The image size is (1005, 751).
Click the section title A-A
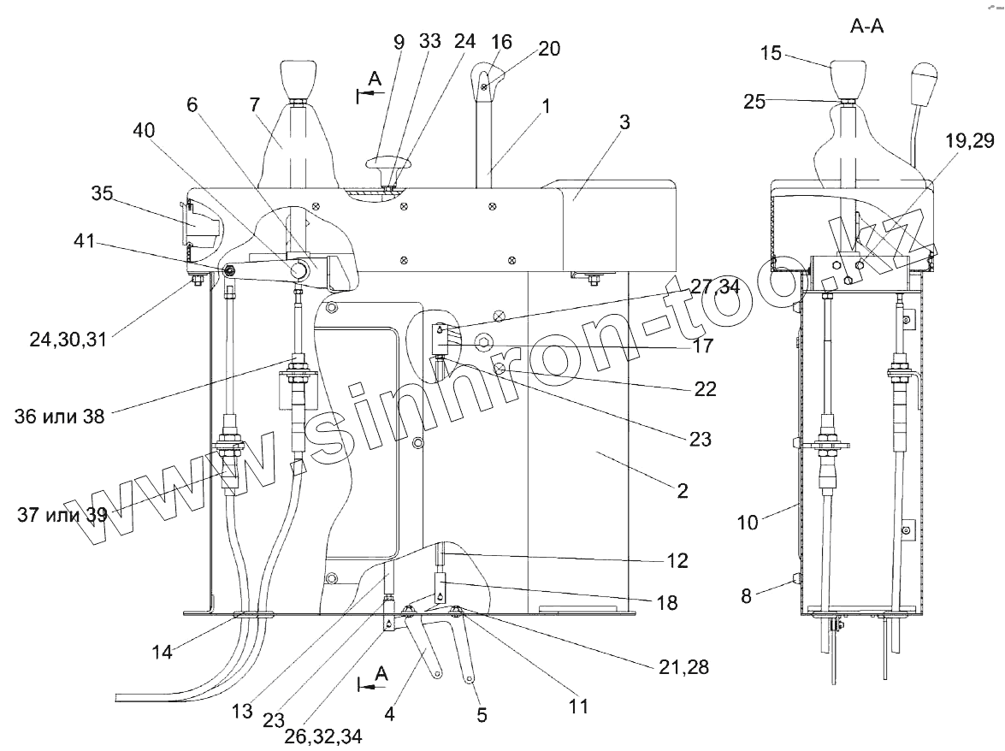tap(866, 27)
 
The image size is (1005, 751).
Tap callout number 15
tap(771, 53)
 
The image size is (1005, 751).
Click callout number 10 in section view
tap(748, 521)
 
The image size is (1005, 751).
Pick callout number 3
tap(625, 121)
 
